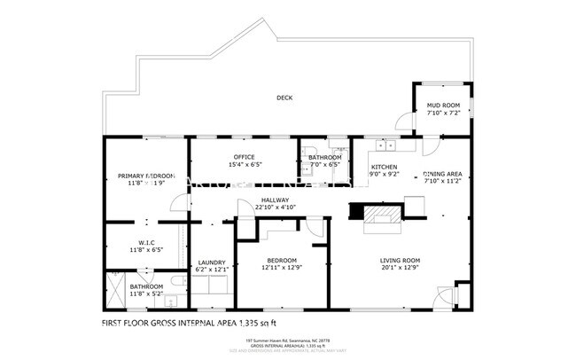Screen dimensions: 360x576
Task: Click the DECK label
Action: pyautogui.click(x=284, y=98)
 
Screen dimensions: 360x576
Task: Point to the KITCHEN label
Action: pyautogui.click(x=384, y=167)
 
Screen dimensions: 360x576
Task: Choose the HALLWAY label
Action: pyautogui.click(x=275, y=200)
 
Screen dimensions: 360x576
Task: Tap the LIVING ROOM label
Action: pyautogui.click(x=400, y=261)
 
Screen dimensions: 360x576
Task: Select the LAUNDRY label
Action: pyautogui.click(x=212, y=262)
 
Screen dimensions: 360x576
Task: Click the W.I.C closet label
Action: pyautogui.click(x=147, y=243)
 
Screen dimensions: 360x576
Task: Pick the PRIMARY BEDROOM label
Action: pyautogui.click(x=147, y=176)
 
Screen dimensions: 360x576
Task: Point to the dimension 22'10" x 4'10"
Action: pyautogui.click(x=275, y=207)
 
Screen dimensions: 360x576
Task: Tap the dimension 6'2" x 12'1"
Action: pyautogui.click(x=212, y=269)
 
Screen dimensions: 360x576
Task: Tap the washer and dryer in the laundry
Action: pyautogui.click(x=213, y=286)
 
